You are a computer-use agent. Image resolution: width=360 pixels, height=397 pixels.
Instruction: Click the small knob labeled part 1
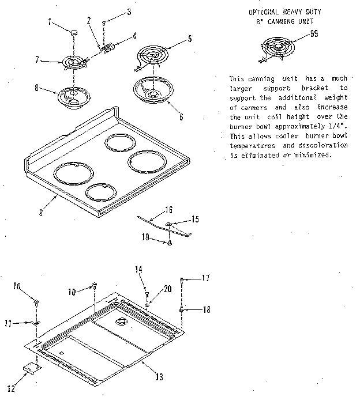point(73,33)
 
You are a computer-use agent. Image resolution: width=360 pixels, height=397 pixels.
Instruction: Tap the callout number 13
point(159,377)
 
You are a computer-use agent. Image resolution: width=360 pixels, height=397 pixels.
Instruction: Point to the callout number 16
point(169,210)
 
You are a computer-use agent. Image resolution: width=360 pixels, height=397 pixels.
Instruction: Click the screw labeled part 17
point(182,279)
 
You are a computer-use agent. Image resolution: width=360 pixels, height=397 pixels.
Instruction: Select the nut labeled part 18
point(182,310)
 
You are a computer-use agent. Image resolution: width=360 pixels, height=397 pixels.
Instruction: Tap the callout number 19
point(147,236)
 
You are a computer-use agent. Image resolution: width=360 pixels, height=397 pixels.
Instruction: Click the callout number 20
point(168,289)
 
